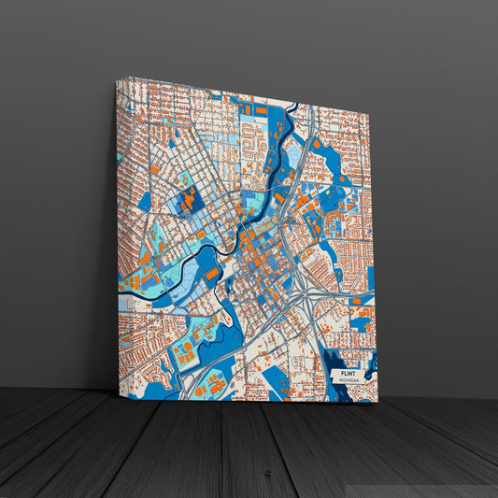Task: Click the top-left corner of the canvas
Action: [117, 80]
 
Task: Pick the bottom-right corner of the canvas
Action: [377, 403]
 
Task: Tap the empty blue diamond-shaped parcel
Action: [145, 202]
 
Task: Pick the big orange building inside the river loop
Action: [213, 273]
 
